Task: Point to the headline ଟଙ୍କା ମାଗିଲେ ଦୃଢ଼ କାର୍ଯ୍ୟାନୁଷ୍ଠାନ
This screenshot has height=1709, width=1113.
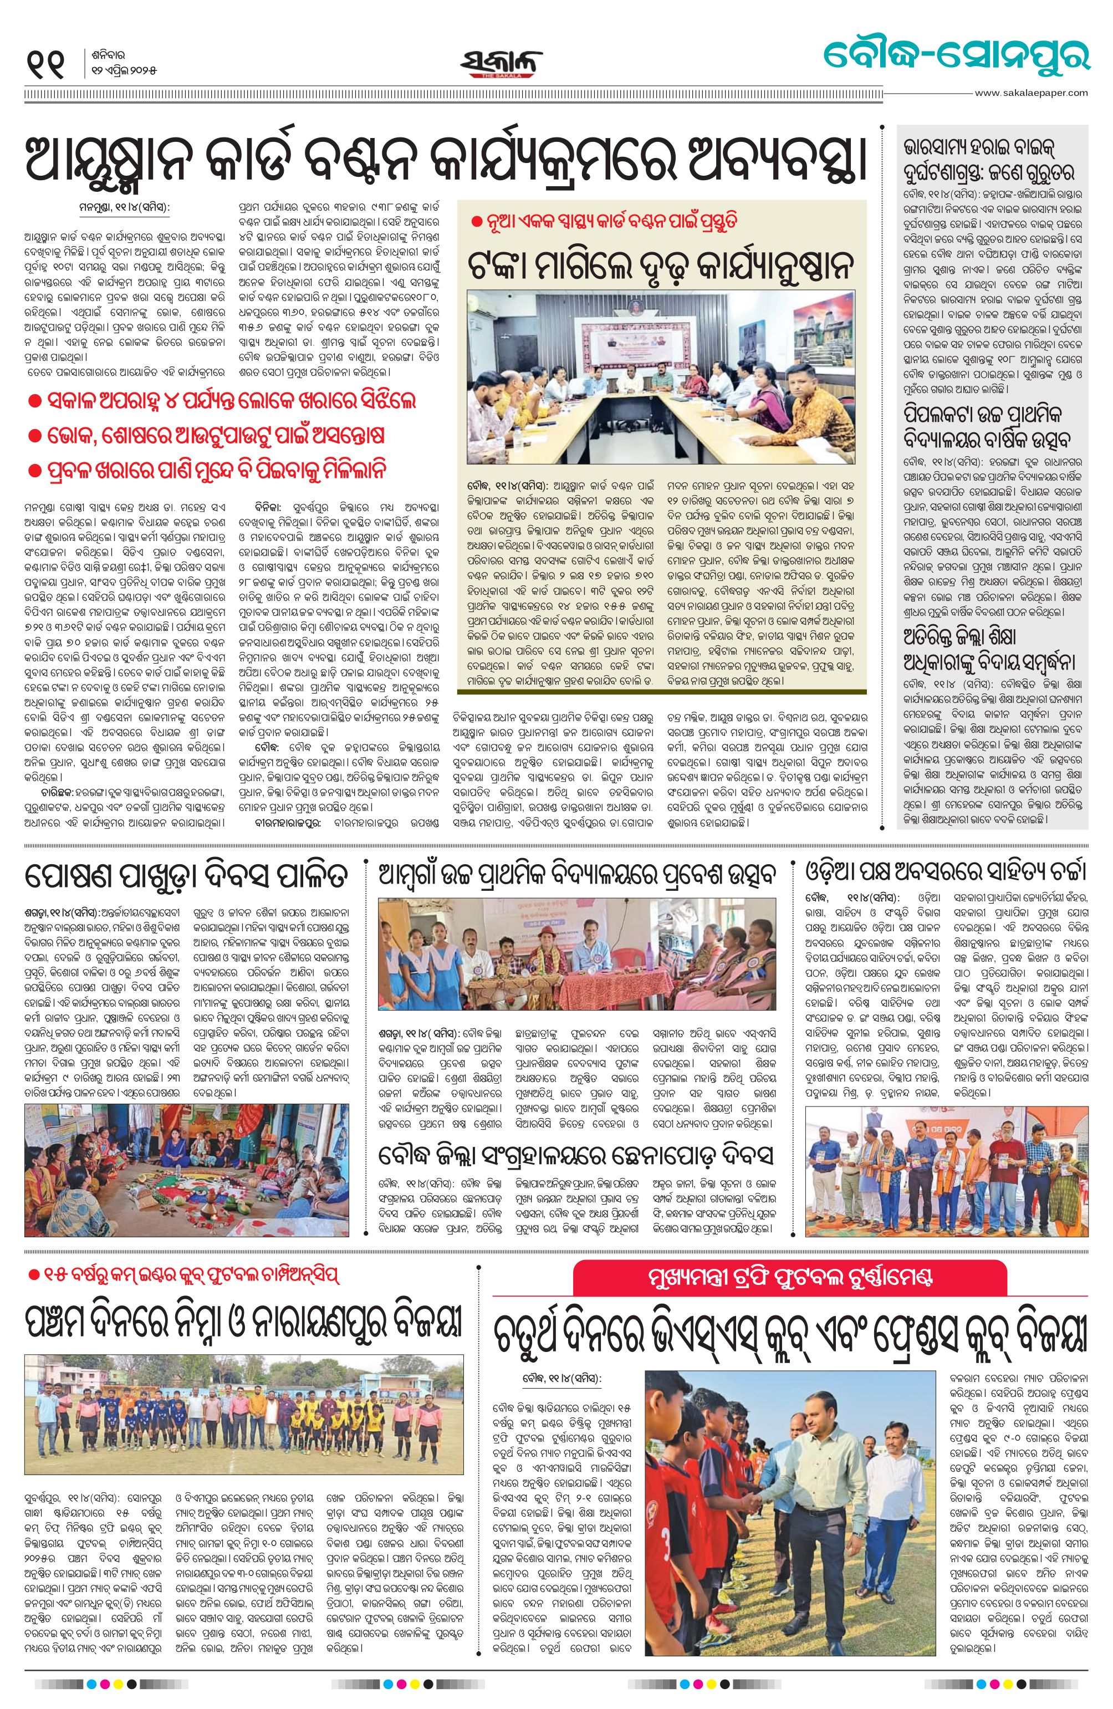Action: point(661,266)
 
